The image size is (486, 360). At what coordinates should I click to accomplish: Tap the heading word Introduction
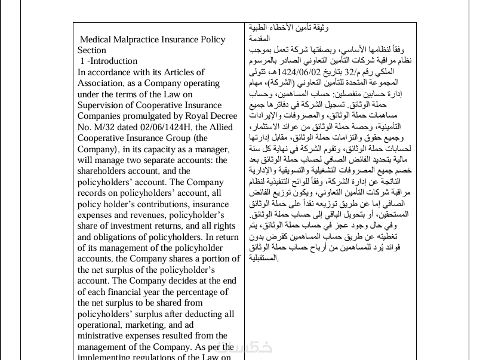tap(114, 61)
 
